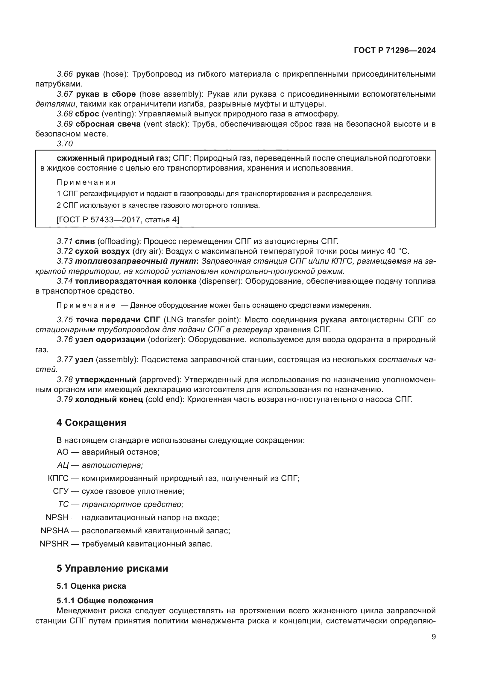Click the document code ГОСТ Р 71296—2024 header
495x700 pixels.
(395, 50)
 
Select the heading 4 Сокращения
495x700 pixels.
(92, 423)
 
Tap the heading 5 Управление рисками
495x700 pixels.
(112, 568)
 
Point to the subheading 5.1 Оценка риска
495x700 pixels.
(91, 586)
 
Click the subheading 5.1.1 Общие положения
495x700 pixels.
(104, 601)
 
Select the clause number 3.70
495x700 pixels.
(65, 144)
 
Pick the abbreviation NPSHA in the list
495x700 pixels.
(55, 531)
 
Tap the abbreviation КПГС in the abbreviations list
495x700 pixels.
(58, 478)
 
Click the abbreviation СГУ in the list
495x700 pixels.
(61, 491)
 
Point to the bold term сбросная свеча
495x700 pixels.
(108, 124)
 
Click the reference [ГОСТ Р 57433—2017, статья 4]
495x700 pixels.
(118, 219)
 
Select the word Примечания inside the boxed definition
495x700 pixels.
(86, 182)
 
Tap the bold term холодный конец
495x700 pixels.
(109, 400)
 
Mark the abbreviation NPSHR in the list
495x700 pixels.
(54, 543)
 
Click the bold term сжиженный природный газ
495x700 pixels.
(113, 158)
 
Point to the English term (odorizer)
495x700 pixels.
(166, 340)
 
